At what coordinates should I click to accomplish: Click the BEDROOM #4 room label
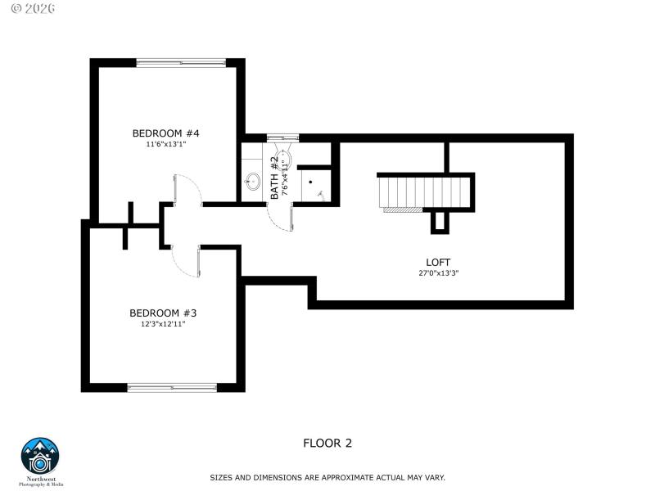166,133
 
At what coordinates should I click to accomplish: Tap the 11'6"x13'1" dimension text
166,145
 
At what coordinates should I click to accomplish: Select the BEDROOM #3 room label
163,313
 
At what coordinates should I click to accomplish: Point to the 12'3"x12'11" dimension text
163,324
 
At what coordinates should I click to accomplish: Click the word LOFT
438,262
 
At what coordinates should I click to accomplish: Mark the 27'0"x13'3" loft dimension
438,273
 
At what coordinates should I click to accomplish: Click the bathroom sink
254,181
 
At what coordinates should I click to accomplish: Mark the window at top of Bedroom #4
180,61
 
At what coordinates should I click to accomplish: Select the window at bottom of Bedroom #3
172,387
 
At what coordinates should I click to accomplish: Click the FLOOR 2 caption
327,444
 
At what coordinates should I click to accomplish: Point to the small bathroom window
283,137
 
